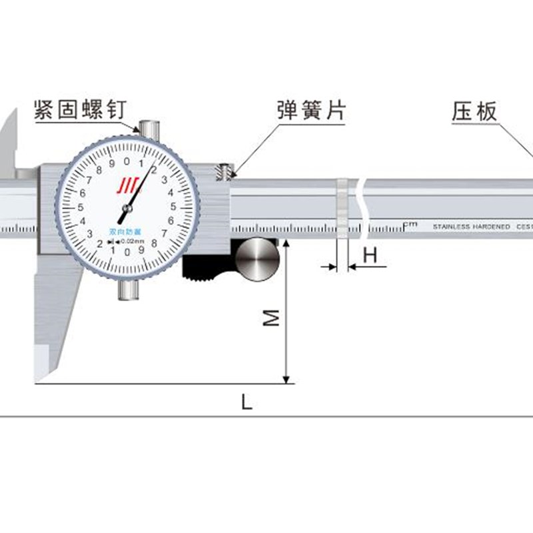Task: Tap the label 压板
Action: [x=475, y=111]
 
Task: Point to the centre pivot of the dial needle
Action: [x=126, y=209]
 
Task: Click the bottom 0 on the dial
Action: [x=126, y=252]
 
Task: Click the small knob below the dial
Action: [x=129, y=290]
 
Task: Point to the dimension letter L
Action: [x=247, y=402]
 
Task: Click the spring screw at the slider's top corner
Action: [x=225, y=173]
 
